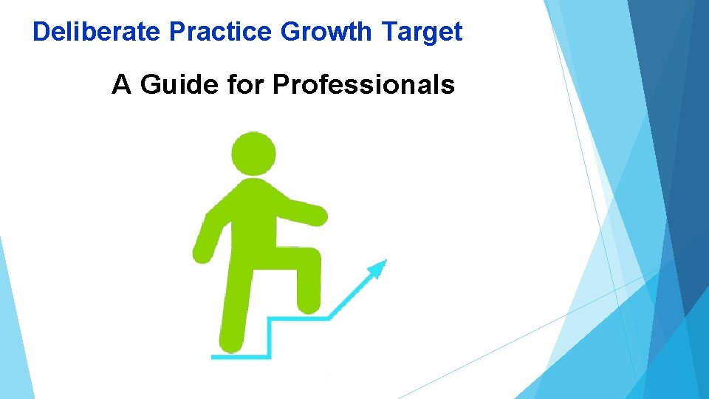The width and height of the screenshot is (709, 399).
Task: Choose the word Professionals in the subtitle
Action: click(363, 86)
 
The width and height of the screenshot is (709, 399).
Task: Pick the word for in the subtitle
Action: click(247, 86)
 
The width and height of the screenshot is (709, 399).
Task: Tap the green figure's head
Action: click(253, 154)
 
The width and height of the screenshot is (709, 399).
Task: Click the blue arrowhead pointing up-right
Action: click(378, 267)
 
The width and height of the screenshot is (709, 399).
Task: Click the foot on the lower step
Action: click(232, 344)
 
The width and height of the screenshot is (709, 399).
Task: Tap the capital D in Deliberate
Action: click(40, 32)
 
